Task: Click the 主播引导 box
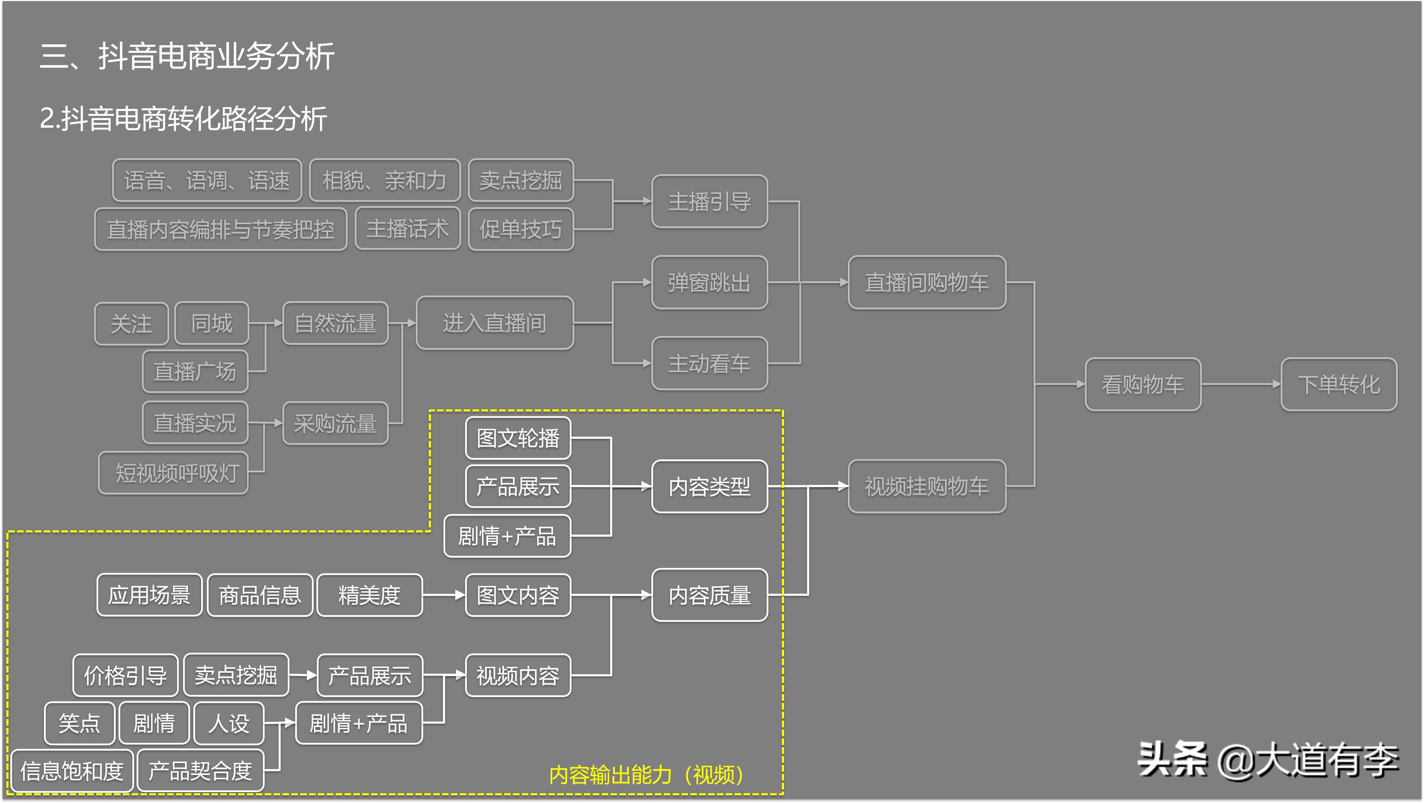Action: click(x=709, y=202)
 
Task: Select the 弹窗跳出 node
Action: click(x=709, y=282)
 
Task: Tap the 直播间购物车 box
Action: click(x=927, y=282)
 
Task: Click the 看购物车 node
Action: click(x=1143, y=384)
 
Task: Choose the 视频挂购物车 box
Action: click(x=927, y=486)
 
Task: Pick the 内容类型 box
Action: click(x=709, y=486)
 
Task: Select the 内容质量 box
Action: click(x=709, y=595)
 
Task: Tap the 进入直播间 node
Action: click(x=494, y=323)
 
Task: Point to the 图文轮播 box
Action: click(x=518, y=438)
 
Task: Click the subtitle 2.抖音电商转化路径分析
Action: click(x=183, y=119)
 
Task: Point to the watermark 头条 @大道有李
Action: click(x=1268, y=760)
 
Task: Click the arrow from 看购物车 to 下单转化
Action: click(x=1241, y=384)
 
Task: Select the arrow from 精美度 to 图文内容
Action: click(x=444, y=595)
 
